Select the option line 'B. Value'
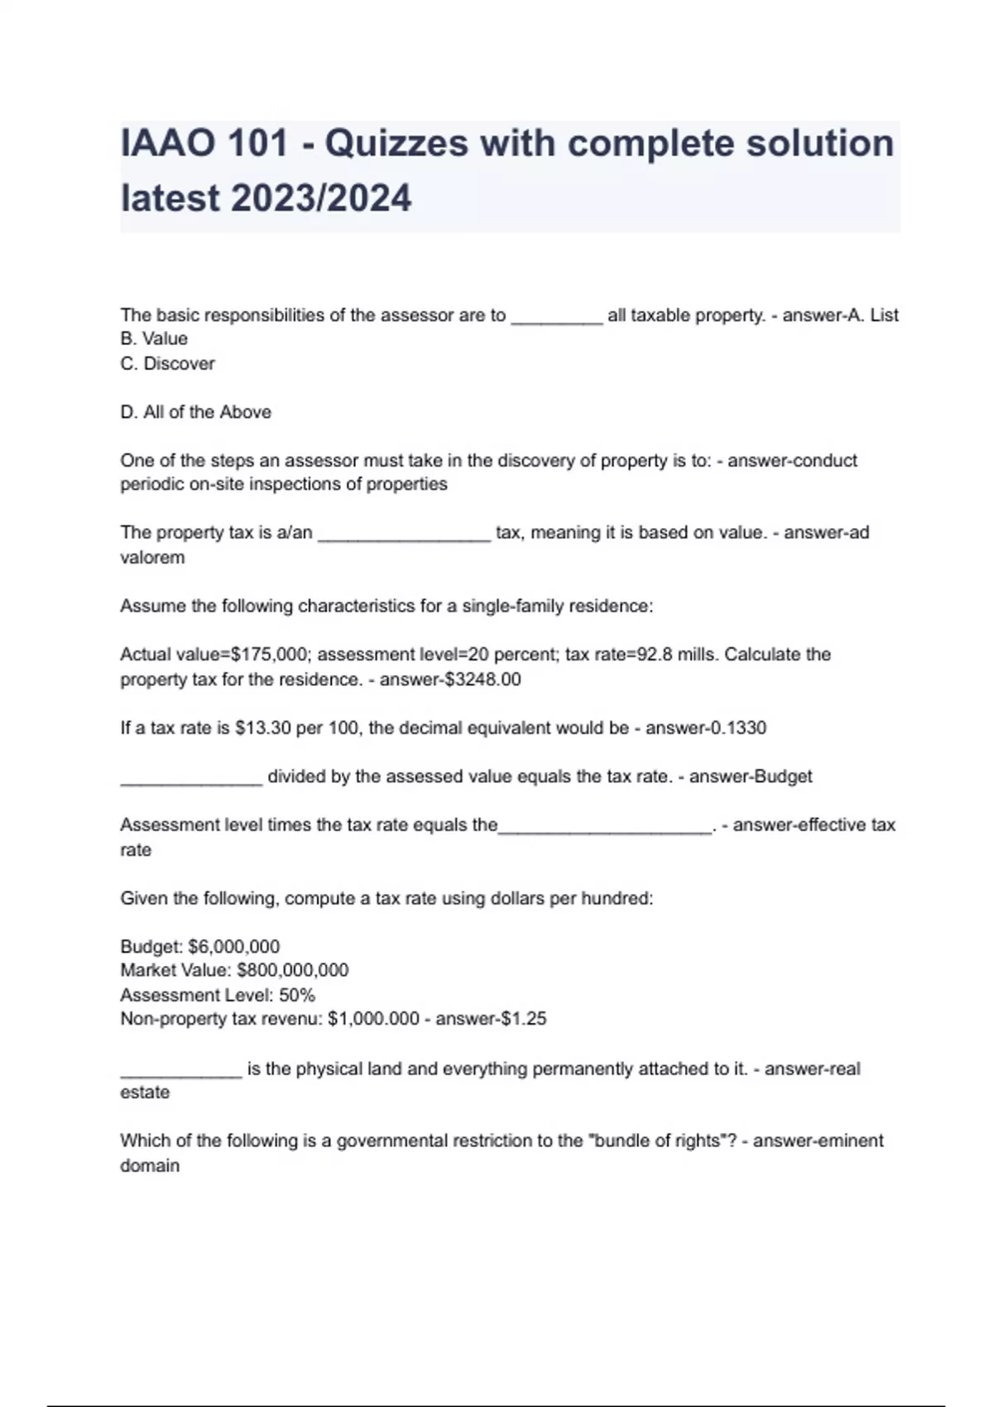[154, 339]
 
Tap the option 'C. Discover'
[167, 363]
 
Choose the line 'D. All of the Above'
[195, 412]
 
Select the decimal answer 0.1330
[737, 728]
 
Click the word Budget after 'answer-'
[781, 776]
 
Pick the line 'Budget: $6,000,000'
[199, 946]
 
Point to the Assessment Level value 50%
[296, 995]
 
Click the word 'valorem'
[152, 558]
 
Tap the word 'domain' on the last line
[150, 1165]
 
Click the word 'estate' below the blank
[145, 1092]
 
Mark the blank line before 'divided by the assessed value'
[191, 778]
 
